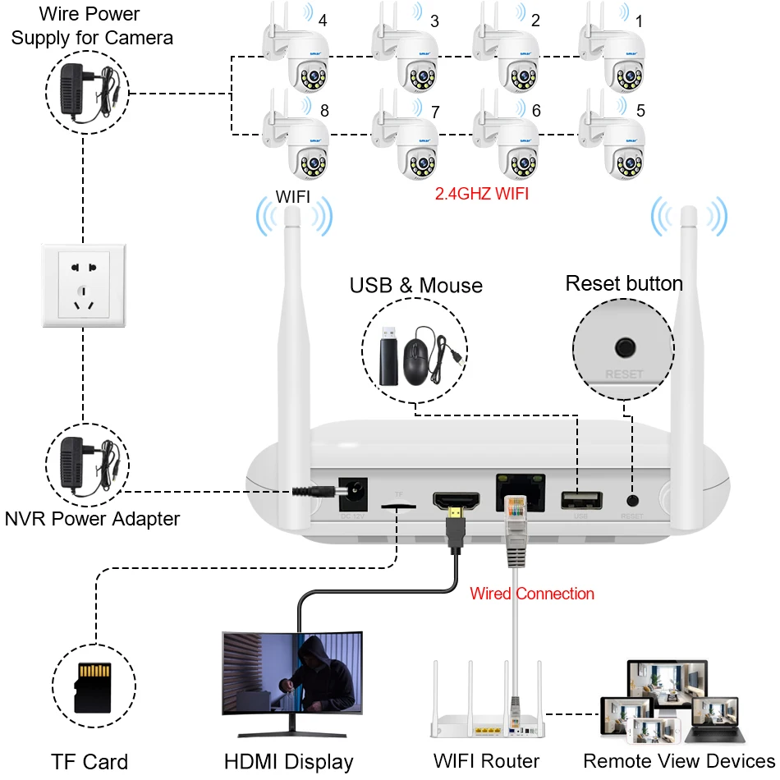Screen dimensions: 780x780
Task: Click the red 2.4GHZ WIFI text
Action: pyautogui.click(x=481, y=195)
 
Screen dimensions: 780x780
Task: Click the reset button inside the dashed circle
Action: pyautogui.click(x=626, y=347)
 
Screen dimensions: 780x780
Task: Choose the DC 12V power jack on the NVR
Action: pyautogui.click(x=353, y=494)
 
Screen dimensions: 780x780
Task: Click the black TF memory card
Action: pyautogui.click(x=92, y=686)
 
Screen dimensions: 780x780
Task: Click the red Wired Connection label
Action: pyautogui.click(x=531, y=594)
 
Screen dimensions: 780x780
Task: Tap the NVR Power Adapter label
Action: pyautogui.click(x=92, y=519)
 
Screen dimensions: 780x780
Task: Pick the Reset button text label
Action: pyautogui.click(x=624, y=284)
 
